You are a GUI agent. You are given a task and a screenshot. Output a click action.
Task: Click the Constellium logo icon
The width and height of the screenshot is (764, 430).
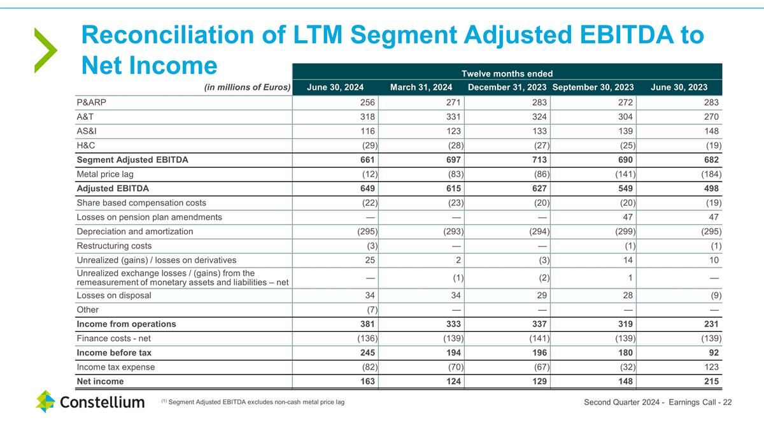click(x=45, y=401)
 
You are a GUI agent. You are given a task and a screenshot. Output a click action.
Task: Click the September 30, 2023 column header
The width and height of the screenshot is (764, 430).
click(x=593, y=87)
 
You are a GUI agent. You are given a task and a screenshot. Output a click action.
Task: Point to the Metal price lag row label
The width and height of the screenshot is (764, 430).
click(x=105, y=174)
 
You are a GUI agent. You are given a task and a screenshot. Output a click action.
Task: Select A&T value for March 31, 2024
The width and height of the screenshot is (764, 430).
click(x=451, y=117)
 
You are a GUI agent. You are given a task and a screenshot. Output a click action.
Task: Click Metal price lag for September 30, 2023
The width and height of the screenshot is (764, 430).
click(x=623, y=174)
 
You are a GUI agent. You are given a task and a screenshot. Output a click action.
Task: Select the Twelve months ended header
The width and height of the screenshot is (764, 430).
click(x=507, y=73)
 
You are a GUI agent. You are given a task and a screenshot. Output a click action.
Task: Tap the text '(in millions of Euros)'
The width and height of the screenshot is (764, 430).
click(x=247, y=87)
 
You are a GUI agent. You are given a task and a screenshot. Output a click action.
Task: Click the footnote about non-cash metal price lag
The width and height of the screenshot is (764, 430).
click(x=253, y=401)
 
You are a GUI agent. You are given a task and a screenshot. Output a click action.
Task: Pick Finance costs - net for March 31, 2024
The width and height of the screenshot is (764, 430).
click(x=451, y=338)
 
